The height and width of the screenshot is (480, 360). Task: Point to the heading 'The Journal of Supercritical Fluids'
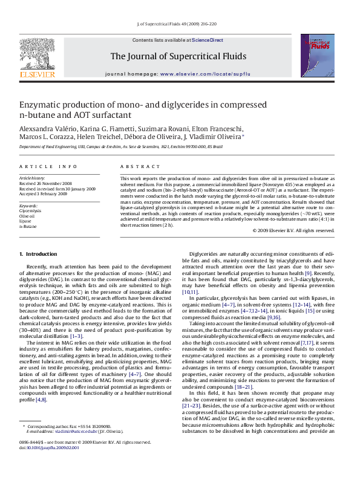pos(178,56)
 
